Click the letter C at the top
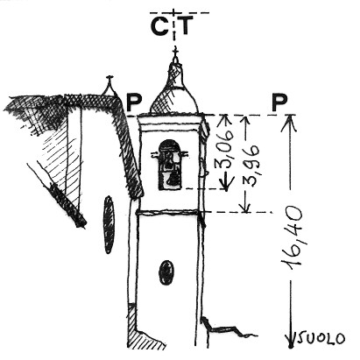[159, 26]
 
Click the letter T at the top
[186, 25]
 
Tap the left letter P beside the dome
[134, 102]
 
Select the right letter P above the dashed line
[279, 102]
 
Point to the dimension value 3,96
[251, 166]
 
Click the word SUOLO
[321, 339]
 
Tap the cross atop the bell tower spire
[175, 53]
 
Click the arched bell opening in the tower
[170, 165]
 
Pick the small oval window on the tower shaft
[166, 272]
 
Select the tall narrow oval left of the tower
[109, 224]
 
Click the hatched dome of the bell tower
[174, 99]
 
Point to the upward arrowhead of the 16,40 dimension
[289, 123]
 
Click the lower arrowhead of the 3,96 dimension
[246, 206]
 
